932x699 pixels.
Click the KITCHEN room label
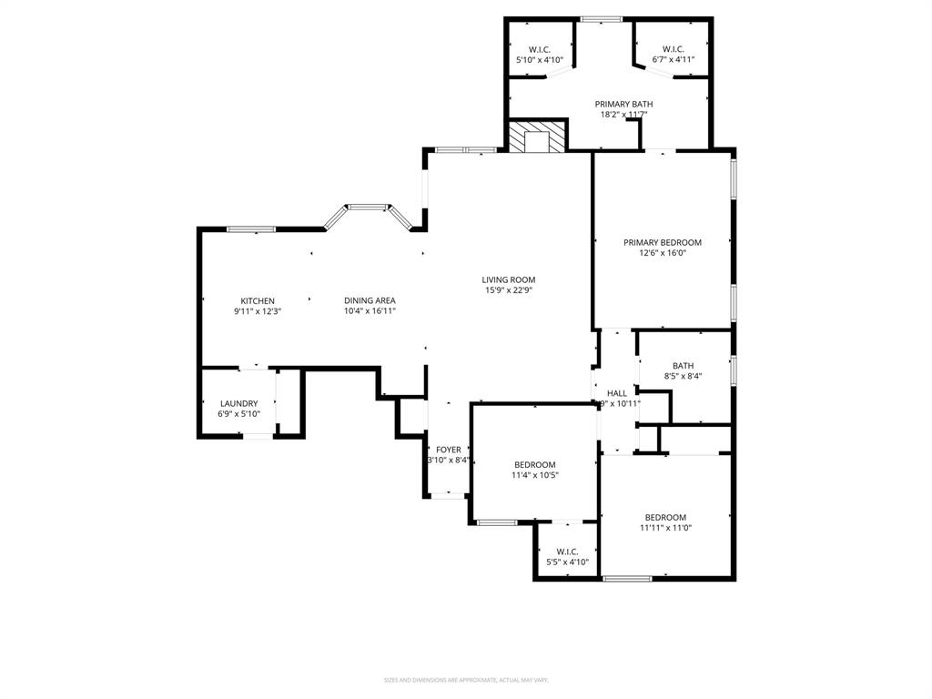click(x=258, y=301)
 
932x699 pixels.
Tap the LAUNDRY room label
click(x=238, y=404)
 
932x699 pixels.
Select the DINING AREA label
click(x=370, y=300)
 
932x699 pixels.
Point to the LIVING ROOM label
click(x=509, y=280)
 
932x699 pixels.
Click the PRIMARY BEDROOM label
click(x=663, y=242)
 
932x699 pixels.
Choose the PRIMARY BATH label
click(x=624, y=104)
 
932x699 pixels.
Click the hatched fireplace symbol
click(x=537, y=138)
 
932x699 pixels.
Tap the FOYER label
click(x=449, y=450)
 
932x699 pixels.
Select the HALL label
click(x=617, y=393)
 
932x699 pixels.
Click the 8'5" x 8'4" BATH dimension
click(x=683, y=376)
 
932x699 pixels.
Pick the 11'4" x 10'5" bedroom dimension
click(x=534, y=475)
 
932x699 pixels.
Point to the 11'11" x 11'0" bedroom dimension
click(x=665, y=528)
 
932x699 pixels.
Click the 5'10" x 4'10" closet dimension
click(x=540, y=60)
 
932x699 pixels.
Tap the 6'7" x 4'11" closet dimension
click(x=674, y=60)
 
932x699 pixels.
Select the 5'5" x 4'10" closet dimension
click(x=568, y=562)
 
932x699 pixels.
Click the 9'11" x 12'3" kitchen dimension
click(x=258, y=311)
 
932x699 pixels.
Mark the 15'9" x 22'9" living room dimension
click(x=509, y=291)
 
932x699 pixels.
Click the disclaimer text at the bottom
click(x=466, y=680)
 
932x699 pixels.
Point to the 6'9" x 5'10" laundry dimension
click(x=238, y=414)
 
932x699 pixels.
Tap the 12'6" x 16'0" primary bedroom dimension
click(x=663, y=253)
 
